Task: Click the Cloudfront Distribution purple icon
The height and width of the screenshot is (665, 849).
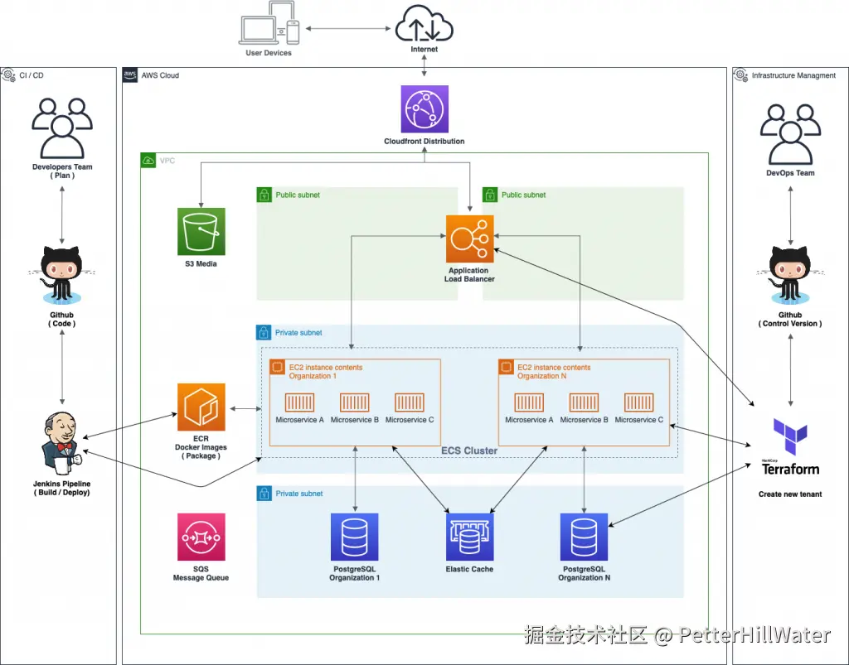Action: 424,109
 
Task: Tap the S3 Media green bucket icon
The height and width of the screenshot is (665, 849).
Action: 201,231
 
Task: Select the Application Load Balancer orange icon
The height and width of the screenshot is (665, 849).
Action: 469,239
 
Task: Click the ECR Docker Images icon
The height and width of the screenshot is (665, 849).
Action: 201,407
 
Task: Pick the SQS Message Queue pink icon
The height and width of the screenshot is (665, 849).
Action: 201,537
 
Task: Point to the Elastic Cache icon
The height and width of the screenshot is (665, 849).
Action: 469,537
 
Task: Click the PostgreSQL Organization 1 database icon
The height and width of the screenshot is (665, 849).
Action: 354,537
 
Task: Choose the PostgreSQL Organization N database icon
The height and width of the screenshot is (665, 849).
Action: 584,537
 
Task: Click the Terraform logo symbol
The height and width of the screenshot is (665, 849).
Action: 789,437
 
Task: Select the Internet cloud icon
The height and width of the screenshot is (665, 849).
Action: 424,23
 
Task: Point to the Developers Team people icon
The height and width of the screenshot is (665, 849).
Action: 62,128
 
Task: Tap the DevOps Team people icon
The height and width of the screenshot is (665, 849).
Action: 790,135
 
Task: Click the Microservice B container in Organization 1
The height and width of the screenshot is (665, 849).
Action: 354,402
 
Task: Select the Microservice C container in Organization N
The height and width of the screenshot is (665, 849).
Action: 638,402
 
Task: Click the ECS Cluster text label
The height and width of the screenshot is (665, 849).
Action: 469,451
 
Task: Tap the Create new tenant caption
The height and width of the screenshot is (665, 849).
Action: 789,494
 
